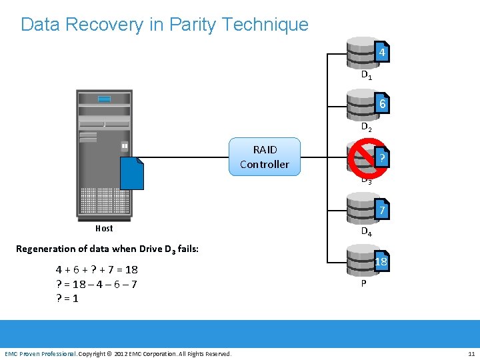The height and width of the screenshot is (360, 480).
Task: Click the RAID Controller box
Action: tap(265, 157)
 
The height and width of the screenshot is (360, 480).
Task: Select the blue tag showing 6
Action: tap(381, 105)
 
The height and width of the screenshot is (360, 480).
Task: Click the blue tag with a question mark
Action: tap(381, 157)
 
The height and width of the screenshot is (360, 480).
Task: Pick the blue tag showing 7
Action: tap(381, 211)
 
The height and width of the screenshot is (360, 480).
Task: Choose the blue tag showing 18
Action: tap(381, 262)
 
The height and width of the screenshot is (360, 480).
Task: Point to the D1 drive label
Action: tap(366, 75)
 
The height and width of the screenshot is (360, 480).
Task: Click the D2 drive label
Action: tap(366, 127)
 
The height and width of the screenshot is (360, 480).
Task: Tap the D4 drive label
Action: tap(366, 232)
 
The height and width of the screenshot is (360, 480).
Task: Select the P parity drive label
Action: tap(363, 283)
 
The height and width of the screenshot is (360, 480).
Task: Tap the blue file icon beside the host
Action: tap(132, 173)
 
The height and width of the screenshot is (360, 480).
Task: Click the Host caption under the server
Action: tap(104, 228)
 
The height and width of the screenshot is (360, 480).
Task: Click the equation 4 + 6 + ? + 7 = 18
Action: tap(97, 269)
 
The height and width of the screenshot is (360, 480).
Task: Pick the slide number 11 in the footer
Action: tap(471, 353)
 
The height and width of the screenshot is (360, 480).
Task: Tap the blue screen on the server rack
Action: tap(104, 99)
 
